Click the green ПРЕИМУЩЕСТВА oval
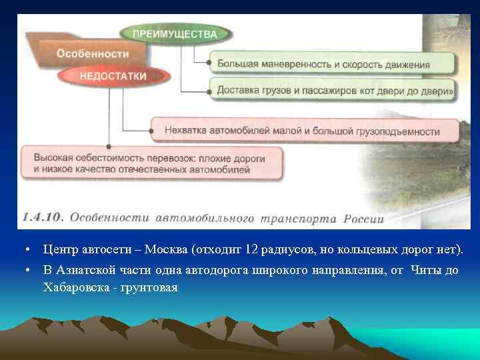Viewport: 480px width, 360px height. tap(175, 33)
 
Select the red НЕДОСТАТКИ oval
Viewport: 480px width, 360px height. tap(113, 76)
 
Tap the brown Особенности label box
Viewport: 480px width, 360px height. tap(92, 53)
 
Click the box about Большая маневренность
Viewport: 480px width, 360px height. tap(331, 65)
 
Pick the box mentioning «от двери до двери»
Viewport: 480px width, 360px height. tap(331, 89)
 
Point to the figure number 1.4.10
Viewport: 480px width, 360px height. tap(43, 217)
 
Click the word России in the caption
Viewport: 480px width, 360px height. tap(364, 218)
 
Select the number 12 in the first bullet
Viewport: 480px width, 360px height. tap(251, 249)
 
